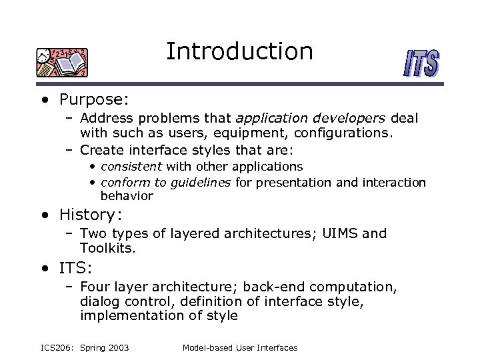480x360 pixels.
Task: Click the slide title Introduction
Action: (x=239, y=51)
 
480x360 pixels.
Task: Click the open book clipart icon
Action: (x=62, y=63)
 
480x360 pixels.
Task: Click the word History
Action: (x=87, y=215)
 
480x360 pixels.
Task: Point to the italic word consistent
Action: (x=131, y=166)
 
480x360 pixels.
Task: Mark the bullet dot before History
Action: (x=44, y=215)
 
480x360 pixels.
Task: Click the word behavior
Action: (x=127, y=196)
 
